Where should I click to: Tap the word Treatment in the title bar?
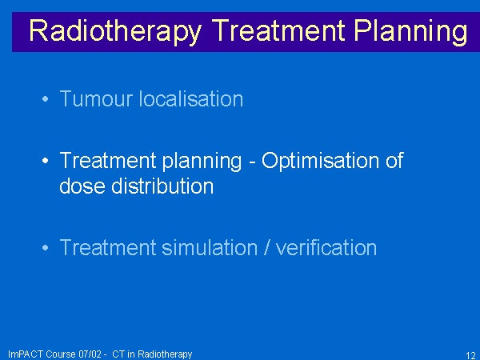click(278, 30)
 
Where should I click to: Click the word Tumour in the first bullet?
click(97, 99)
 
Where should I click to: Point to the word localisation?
click(191, 99)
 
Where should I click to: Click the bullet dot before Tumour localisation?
click(46, 99)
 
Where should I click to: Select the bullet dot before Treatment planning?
click(46, 161)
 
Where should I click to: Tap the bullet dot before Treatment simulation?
click(46, 248)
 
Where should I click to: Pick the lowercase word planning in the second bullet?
click(202, 162)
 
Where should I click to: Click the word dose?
click(82, 186)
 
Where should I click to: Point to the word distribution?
click(162, 186)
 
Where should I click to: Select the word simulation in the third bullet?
click(210, 248)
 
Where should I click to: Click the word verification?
click(326, 248)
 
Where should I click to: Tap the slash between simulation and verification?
click(267, 248)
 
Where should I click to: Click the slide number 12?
click(470, 355)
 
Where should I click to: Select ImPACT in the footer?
click(26, 354)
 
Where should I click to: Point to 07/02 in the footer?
click(90, 354)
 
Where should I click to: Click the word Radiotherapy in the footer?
click(165, 354)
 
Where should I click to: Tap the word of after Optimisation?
click(394, 161)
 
